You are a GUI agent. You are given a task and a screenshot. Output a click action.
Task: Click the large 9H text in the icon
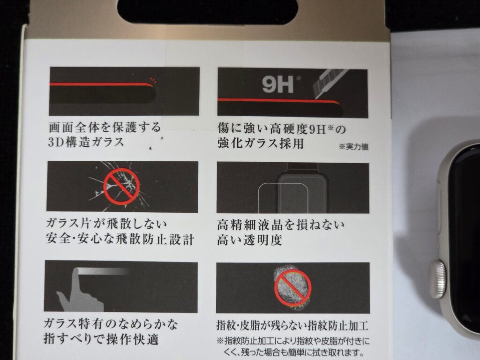point(277,84)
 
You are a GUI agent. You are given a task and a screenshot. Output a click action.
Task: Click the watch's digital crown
point(437,279)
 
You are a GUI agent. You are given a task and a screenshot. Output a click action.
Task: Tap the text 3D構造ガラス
point(86,142)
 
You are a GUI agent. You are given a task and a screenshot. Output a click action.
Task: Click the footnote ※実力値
point(353,147)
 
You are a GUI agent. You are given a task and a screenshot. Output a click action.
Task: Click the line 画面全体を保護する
point(105,127)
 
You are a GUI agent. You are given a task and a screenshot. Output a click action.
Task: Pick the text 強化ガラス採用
point(261,143)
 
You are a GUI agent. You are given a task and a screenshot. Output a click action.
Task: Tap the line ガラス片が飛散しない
point(106,224)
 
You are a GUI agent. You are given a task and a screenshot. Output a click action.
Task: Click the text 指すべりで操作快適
point(101,338)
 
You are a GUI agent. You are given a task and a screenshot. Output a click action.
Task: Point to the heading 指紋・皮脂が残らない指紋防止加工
point(292,325)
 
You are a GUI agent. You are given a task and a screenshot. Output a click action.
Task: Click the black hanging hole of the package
point(208,12)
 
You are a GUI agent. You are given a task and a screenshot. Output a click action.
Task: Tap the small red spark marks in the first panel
point(153,81)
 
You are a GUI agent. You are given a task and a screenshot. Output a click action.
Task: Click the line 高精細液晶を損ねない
point(281,225)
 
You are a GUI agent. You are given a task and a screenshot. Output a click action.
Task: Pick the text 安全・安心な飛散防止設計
point(120,239)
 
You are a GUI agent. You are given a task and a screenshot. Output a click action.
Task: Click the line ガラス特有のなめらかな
point(111,323)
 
